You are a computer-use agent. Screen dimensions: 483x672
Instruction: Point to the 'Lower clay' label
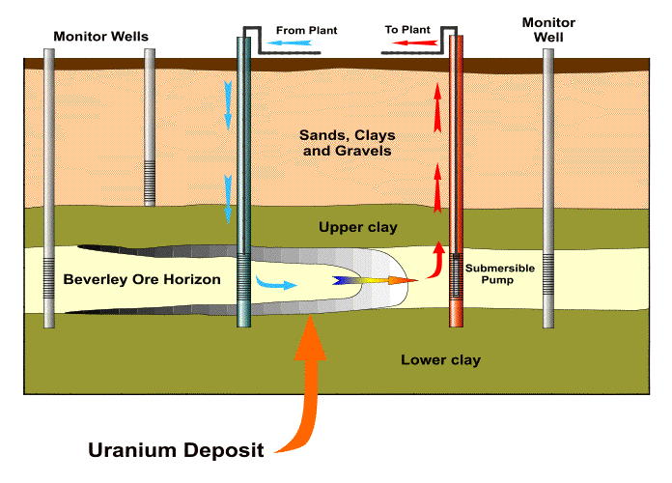440,360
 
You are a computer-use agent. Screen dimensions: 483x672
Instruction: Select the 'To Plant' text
406,31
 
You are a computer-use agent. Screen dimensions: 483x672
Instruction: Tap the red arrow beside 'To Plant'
415,44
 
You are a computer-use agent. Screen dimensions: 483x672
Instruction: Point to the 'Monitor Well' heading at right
547,29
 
